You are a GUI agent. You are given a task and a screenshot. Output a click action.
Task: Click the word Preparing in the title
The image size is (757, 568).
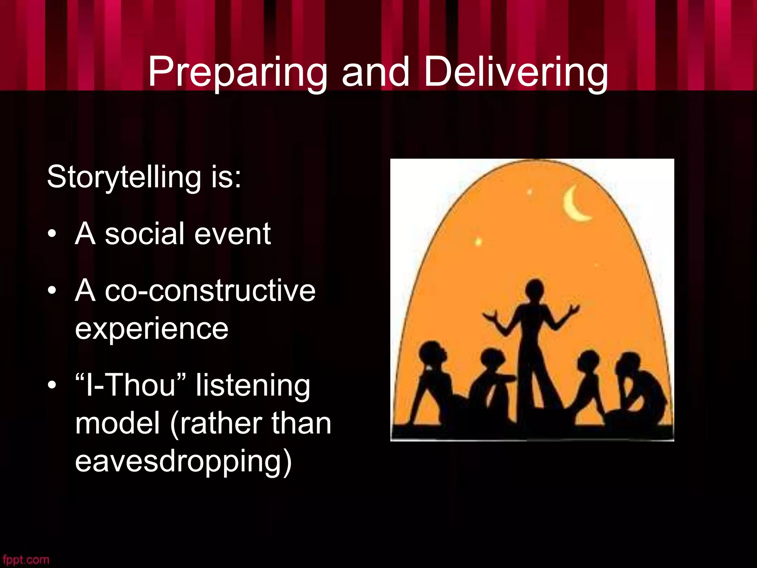pyautogui.click(x=237, y=72)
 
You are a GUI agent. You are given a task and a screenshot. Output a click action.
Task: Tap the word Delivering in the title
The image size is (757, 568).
pyautogui.click(x=515, y=72)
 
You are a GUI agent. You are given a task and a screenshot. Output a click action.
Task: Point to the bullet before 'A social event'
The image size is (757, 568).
pyautogui.click(x=52, y=234)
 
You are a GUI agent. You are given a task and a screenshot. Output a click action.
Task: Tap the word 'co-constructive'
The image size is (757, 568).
pyautogui.click(x=210, y=291)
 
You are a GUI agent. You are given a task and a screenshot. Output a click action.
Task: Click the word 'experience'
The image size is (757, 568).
pyautogui.click(x=152, y=329)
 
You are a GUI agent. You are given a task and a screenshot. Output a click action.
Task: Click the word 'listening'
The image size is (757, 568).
pyautogui.click(x=253, y=385)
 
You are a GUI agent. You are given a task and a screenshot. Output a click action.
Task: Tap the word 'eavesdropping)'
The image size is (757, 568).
pyautogui.click(x=183, y=461)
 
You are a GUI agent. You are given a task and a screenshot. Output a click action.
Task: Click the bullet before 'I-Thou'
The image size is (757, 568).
pyautogui.click(x=52, y=385)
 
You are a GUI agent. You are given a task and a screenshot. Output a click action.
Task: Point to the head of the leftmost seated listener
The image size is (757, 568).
pyautogui.click(x=431, y=353)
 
